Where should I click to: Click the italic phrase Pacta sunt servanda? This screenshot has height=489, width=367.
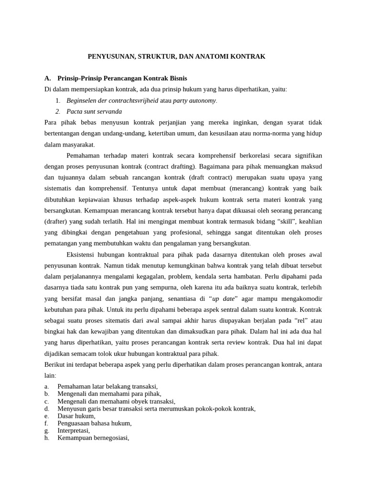[94, 111]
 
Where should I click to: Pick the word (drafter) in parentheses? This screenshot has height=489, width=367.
[56, 222]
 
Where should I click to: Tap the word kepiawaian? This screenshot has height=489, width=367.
[95, 200]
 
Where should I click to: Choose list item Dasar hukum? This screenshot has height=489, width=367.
[76, 416]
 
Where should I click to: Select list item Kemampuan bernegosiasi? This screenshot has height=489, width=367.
[93, 437]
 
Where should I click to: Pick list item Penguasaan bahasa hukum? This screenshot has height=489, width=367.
[94, 423]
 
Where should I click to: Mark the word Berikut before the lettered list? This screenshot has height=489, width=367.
[54, 364]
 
